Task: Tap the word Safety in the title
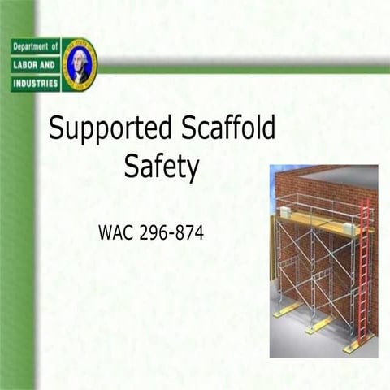click(162, 167)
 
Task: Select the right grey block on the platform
click(351, 228)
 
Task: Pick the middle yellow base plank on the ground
click(318, 324)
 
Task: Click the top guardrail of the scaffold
click(321, 199)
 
